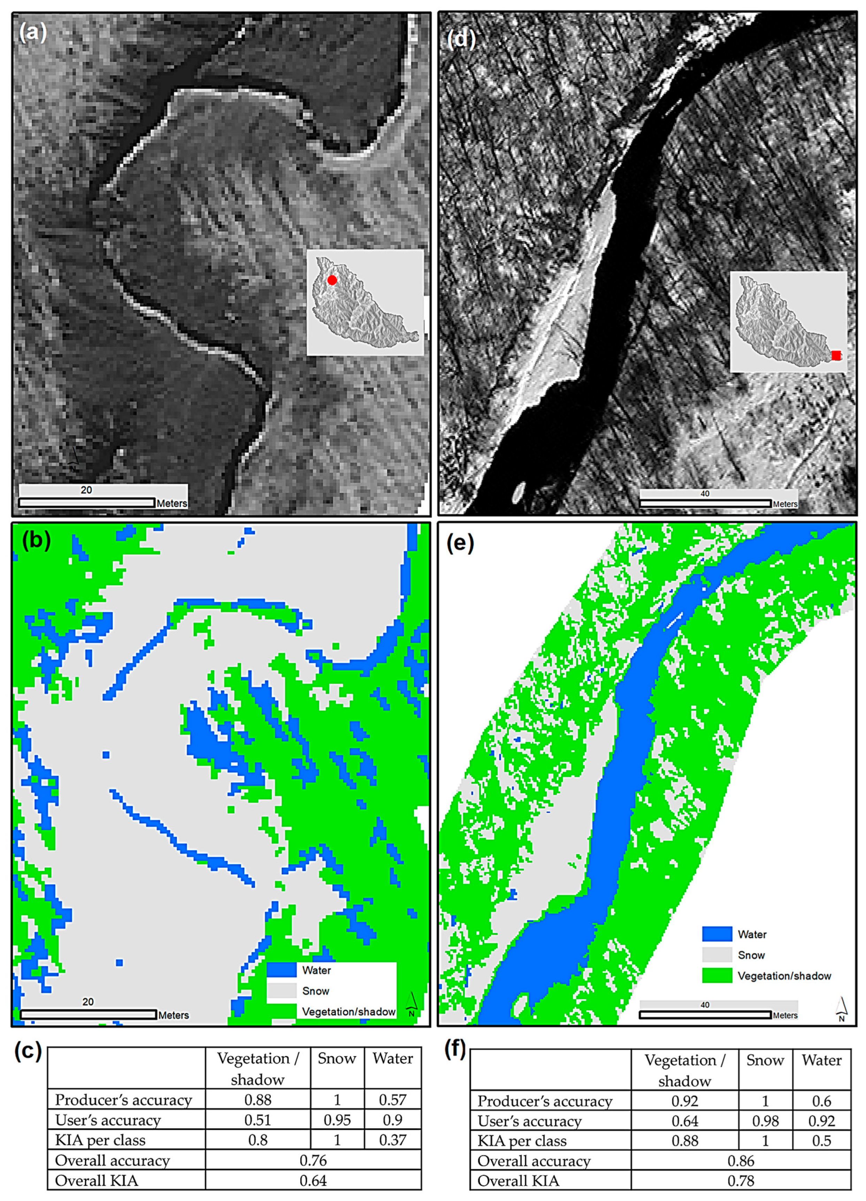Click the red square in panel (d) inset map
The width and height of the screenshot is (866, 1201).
click(x=836, y=355)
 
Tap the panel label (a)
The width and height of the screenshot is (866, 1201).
click(x=33, y=33)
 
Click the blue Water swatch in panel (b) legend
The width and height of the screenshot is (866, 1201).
click(x=281, y=970)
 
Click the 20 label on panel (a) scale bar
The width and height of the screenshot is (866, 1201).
click(x=86, y=490)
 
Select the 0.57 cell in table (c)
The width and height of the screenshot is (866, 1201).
click(x=392, y=1100)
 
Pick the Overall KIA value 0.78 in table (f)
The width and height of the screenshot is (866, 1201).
click(x=741, y=1181)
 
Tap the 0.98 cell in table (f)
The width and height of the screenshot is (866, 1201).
click(x=765, y=1121)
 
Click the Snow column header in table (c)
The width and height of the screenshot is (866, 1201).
click(x=337, y=1059)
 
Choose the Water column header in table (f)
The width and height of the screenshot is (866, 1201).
click(x=821, y=1060)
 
